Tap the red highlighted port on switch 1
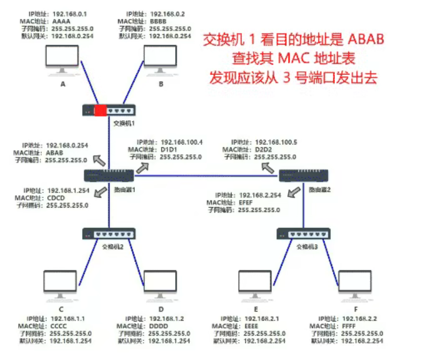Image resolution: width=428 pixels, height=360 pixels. [x=100, y=111]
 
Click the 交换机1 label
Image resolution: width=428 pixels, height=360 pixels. [x=124, y=123]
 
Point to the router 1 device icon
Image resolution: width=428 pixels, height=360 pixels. [x=109, y=175]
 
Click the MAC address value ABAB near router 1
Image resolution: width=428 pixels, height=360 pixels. [x=54, y=153]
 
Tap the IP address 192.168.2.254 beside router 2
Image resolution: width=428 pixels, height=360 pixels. [x=260, y=195]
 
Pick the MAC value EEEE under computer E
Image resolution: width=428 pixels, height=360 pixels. [x=251, y=326]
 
